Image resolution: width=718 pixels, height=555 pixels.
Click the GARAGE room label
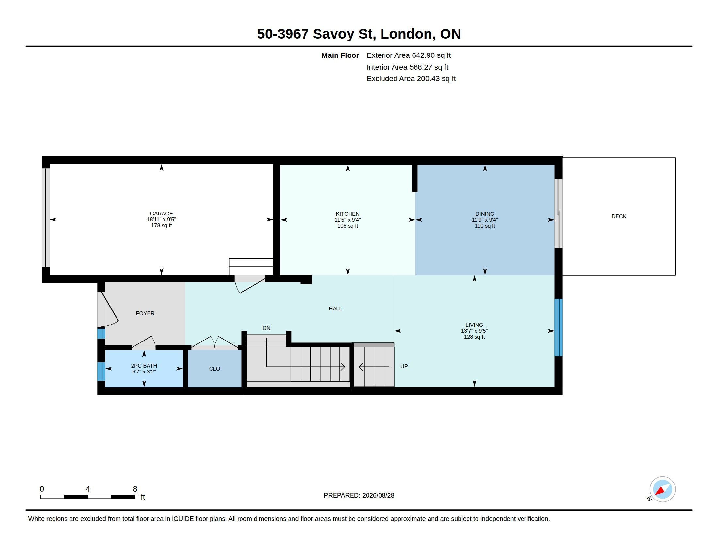click(x=161, y=214)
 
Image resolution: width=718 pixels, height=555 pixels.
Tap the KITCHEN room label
click(x=348, y=214)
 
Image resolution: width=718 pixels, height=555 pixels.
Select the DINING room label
click(x=485, y=214)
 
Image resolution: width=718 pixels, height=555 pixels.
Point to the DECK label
click(x=619, y=216)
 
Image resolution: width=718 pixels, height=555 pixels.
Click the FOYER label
click(x=145, y=313)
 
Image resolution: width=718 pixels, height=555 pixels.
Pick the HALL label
click(x=335, y=309)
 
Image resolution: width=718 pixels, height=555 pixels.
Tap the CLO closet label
click(x=214, y=369)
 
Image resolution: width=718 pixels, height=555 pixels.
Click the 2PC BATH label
click(x=144, y=366)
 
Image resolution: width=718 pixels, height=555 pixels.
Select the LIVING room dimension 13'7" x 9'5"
click(x=474, y=331)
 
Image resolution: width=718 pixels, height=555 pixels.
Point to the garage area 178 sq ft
click(x=161, y=225)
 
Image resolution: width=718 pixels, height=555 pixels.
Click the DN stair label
click(x=266, y=328)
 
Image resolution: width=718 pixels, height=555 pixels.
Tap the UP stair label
click(x=404, y=366)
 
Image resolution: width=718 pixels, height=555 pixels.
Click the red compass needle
click(x=660, y=491)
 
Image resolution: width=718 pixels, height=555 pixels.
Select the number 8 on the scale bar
click(x=135, y=489)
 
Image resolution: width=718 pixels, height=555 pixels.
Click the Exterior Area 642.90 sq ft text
click(x=409, y=55)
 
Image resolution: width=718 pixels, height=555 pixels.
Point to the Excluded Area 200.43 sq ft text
click(x=411, y=78)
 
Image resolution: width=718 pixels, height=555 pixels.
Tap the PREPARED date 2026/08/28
click(x=378, y=495)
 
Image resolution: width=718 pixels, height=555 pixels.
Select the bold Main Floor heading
click(x=340, y=55)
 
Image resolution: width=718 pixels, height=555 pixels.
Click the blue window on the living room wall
click(x=558, y=327)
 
